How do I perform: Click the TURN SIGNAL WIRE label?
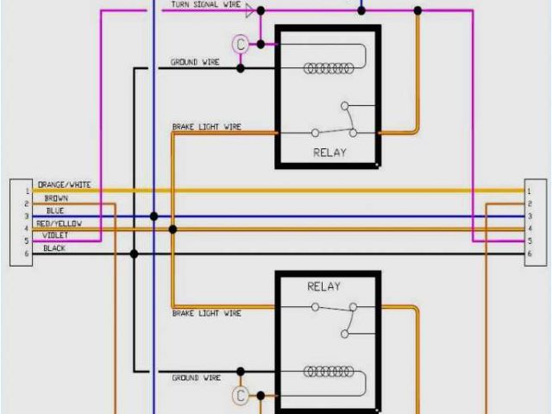[205, 5]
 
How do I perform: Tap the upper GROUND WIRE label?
[195, 62]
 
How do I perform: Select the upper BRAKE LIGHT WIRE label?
[206, 127]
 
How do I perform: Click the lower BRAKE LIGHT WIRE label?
[206, 313]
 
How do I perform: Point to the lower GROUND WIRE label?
[197, 378]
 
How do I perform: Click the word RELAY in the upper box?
[328, 153]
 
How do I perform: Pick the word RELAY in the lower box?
[324, 286]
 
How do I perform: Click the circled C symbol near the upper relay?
[241, 43]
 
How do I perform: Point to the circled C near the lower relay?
[241, 396]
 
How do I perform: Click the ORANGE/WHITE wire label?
[64, 185]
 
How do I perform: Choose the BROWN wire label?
[56, 198]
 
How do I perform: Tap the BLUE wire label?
[54, 210]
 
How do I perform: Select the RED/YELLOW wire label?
[59, 223]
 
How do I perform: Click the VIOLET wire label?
[55, 235]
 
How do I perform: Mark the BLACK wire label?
[53, 248]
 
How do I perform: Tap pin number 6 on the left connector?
[27, 254]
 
